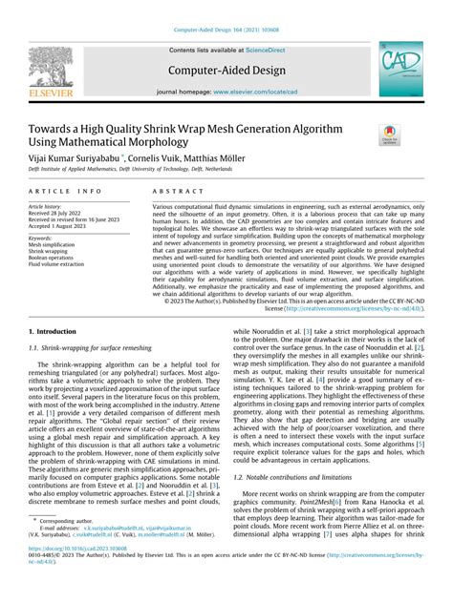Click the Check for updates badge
pos(389,137)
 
